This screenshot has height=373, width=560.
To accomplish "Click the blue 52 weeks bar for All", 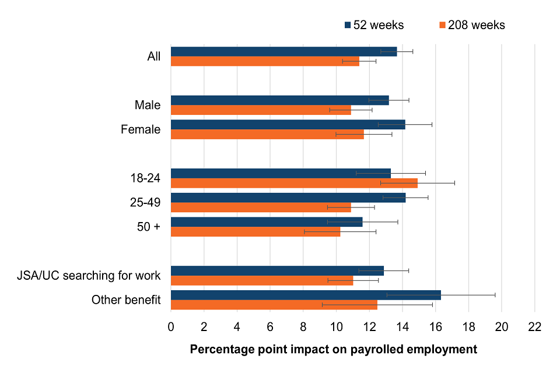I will (283, 51).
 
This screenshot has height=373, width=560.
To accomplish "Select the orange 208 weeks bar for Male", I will (261, 110).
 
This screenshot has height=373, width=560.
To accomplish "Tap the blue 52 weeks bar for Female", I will (288, 124).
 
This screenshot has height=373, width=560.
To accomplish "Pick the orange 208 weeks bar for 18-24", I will (294, 183).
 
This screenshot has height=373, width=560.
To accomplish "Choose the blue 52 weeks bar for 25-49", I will (288, 198).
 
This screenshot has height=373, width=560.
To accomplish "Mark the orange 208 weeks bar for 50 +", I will (255, 231).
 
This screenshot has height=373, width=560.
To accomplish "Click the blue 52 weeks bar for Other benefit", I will (306, 295).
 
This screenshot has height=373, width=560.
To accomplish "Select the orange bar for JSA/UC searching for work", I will (261, 280).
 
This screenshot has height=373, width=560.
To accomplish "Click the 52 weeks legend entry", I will (373, 25).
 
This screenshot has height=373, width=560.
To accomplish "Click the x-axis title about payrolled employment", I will (333, 350).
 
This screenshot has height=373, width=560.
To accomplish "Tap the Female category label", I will (141, 129).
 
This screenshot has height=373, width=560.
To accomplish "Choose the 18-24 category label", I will (146, 178).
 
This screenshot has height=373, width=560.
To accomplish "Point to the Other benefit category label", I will (126, 300).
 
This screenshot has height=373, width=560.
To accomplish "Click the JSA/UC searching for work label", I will (89, 275).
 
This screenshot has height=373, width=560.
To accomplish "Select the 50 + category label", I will (149, 227).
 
